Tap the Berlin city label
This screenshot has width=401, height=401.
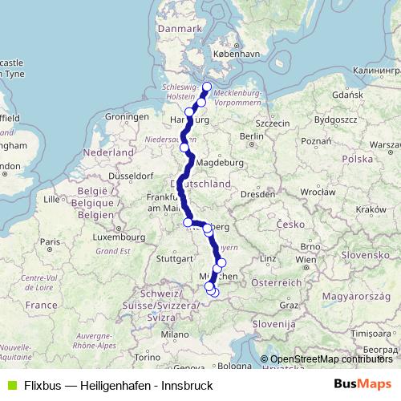[252, 136]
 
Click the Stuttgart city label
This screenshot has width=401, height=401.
[175, 259]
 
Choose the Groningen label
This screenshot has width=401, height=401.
[127, 117]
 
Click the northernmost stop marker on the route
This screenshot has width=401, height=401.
[206, 87]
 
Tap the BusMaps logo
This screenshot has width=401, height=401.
[363, 385]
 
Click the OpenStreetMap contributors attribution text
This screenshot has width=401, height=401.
[331, 359]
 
